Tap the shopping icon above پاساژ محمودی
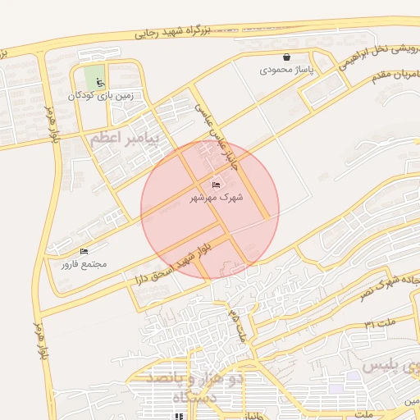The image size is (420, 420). point(286,57)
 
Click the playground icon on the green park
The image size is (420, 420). point(99,82)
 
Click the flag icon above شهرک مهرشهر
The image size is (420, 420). point(217,186)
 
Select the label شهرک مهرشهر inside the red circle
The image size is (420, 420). point(217,198)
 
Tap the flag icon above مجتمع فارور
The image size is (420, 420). point(84,252)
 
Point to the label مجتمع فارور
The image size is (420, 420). point(84,264)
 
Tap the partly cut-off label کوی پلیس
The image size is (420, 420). point(393,363)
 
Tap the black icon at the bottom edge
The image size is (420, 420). point(179,416)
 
